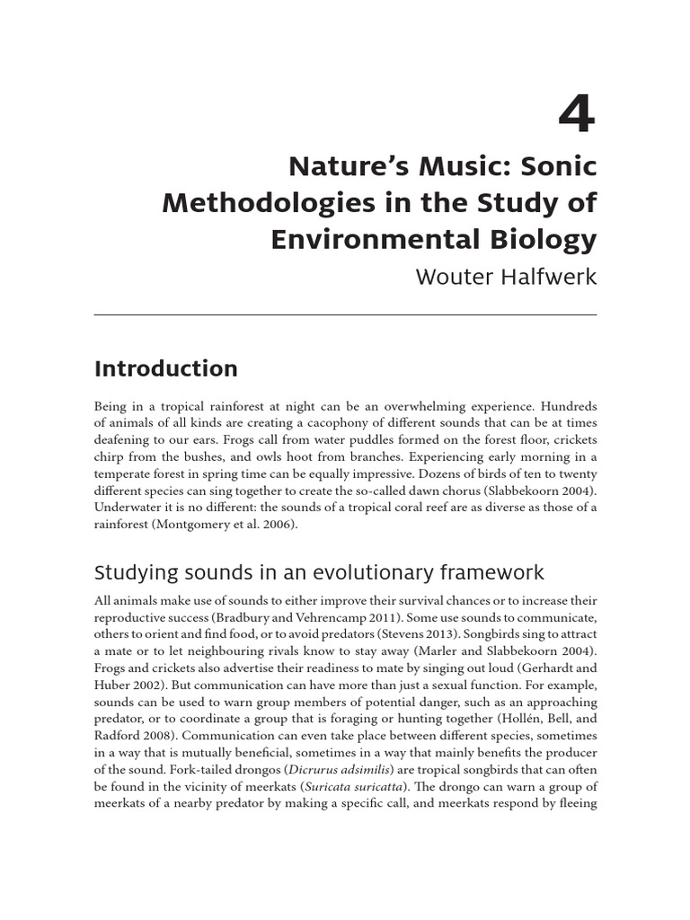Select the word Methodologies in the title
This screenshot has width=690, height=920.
pyautogui.click(x=252, y=203)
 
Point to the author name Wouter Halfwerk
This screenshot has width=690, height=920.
pyautogui.click(x=506, y=276)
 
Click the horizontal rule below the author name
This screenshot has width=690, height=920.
pyautogui.click(x=345, y=314)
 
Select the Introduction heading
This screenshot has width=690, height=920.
pyautogui.click(x=165, y=368)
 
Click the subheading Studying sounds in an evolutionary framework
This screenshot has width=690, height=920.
pyautogui.click(x=319, y=573)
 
